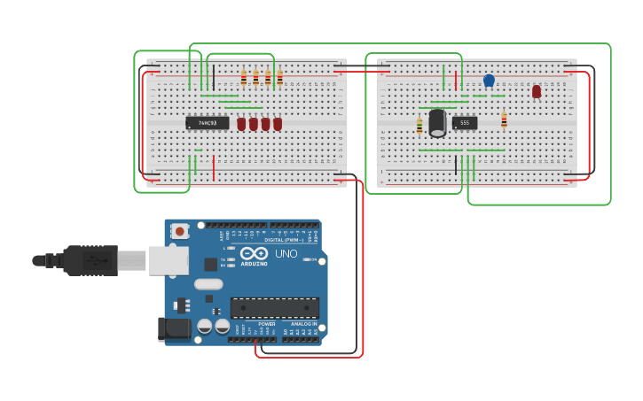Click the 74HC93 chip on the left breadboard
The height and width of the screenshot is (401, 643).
coord(207,123)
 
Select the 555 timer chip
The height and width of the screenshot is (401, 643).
coord(465,123)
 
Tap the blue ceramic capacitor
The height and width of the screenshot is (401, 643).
coord(489,81)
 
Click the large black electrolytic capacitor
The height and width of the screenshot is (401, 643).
coord(437,122)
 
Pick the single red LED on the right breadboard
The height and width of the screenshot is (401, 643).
coord(537,91)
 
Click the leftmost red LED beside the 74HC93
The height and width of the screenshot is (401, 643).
coord(241,124)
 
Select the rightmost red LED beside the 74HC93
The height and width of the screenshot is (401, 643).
coord(278,124)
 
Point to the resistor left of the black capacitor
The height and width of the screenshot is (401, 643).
coord(420,126)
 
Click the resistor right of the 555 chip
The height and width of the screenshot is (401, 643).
coord(504,120)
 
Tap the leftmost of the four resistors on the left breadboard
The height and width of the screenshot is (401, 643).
coord(244,78)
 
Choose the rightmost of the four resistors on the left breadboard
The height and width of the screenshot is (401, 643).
coord(279,78)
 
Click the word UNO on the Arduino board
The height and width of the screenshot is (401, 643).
coord(286,254)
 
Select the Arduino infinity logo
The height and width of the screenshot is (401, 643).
coord(254,253)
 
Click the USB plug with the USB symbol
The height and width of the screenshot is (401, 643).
coord(89,260)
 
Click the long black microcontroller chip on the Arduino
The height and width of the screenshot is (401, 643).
coord(274,307)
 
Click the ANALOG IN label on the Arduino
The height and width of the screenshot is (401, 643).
coord(304,324)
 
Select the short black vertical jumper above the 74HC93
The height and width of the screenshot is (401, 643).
coord(213,76)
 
